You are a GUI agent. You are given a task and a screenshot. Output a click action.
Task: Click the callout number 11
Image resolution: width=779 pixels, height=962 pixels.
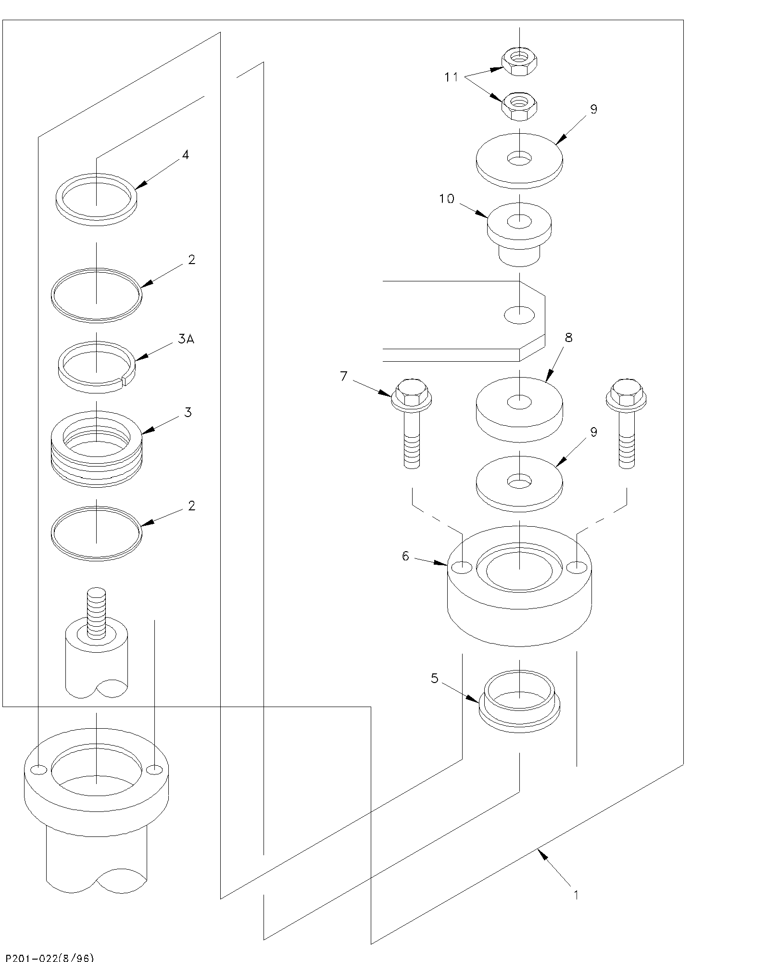point(451,77)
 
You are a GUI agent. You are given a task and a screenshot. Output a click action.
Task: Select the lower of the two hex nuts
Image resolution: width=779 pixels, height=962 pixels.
point(519,106)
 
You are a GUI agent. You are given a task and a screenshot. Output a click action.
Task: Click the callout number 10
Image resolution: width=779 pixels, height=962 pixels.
point(447,199)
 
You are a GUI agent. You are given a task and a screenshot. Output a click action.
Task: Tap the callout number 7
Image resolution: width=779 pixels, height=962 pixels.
point(343,376)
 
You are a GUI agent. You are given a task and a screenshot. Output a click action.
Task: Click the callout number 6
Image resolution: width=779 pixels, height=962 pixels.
point(405,556)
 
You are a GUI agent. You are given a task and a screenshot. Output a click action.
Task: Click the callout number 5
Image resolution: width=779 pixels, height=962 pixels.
point(435,678)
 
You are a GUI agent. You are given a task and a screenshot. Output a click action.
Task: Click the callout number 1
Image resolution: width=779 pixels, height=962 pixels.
point(576,894)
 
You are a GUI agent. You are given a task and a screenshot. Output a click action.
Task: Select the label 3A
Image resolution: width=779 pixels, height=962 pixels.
point(186,339)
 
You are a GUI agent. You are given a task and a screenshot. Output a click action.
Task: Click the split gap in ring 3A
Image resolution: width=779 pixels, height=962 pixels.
point(124,381)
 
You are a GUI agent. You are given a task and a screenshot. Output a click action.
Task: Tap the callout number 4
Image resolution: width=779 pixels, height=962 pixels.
point(186,155)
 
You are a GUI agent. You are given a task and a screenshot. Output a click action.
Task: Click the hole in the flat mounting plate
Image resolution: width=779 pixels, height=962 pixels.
point(519,315)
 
